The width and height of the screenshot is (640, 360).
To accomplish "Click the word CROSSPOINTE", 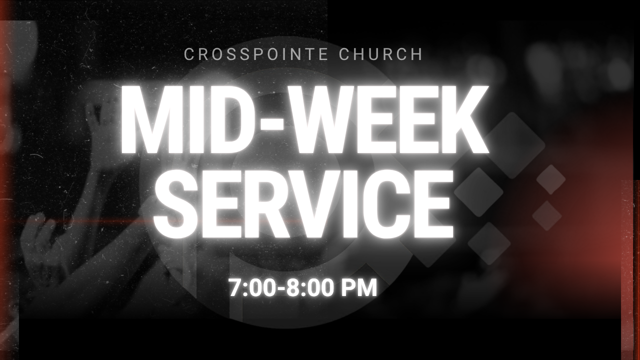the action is (x=255, y=54).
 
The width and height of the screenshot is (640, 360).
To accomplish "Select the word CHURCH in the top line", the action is (x=380, y=54).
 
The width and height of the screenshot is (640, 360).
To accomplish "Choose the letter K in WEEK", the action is (x=464, y=119).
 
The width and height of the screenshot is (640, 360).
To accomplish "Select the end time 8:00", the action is (x=309, y=288).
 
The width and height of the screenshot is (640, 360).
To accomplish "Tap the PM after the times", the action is (x=359, y=288).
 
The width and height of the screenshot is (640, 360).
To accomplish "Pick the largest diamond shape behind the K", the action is (x=513, y=145).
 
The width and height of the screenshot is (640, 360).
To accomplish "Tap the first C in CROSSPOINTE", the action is (x=189, y=54).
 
